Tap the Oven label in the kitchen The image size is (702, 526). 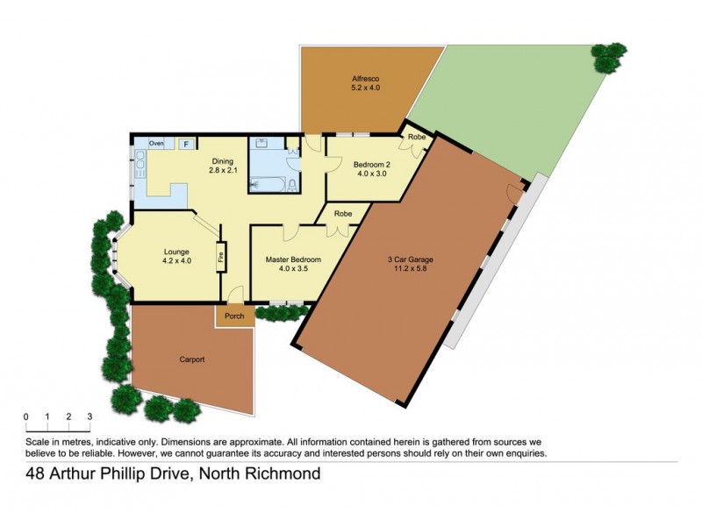[156, 143]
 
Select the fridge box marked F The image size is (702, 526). [186, 144]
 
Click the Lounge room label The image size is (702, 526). [176, 254]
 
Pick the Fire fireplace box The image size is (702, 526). [221, 257]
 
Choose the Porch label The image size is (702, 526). [234, 316]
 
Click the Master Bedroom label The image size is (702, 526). [293, 264]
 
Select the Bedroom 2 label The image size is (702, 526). [371, 169]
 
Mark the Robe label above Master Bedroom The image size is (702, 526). [343, 213]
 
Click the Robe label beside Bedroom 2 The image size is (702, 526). [416, 138]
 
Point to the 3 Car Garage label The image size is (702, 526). [411, 264]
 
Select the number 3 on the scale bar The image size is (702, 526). [90, 416]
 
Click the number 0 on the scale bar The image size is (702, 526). [26, 416]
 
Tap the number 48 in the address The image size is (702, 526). [36, 475]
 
